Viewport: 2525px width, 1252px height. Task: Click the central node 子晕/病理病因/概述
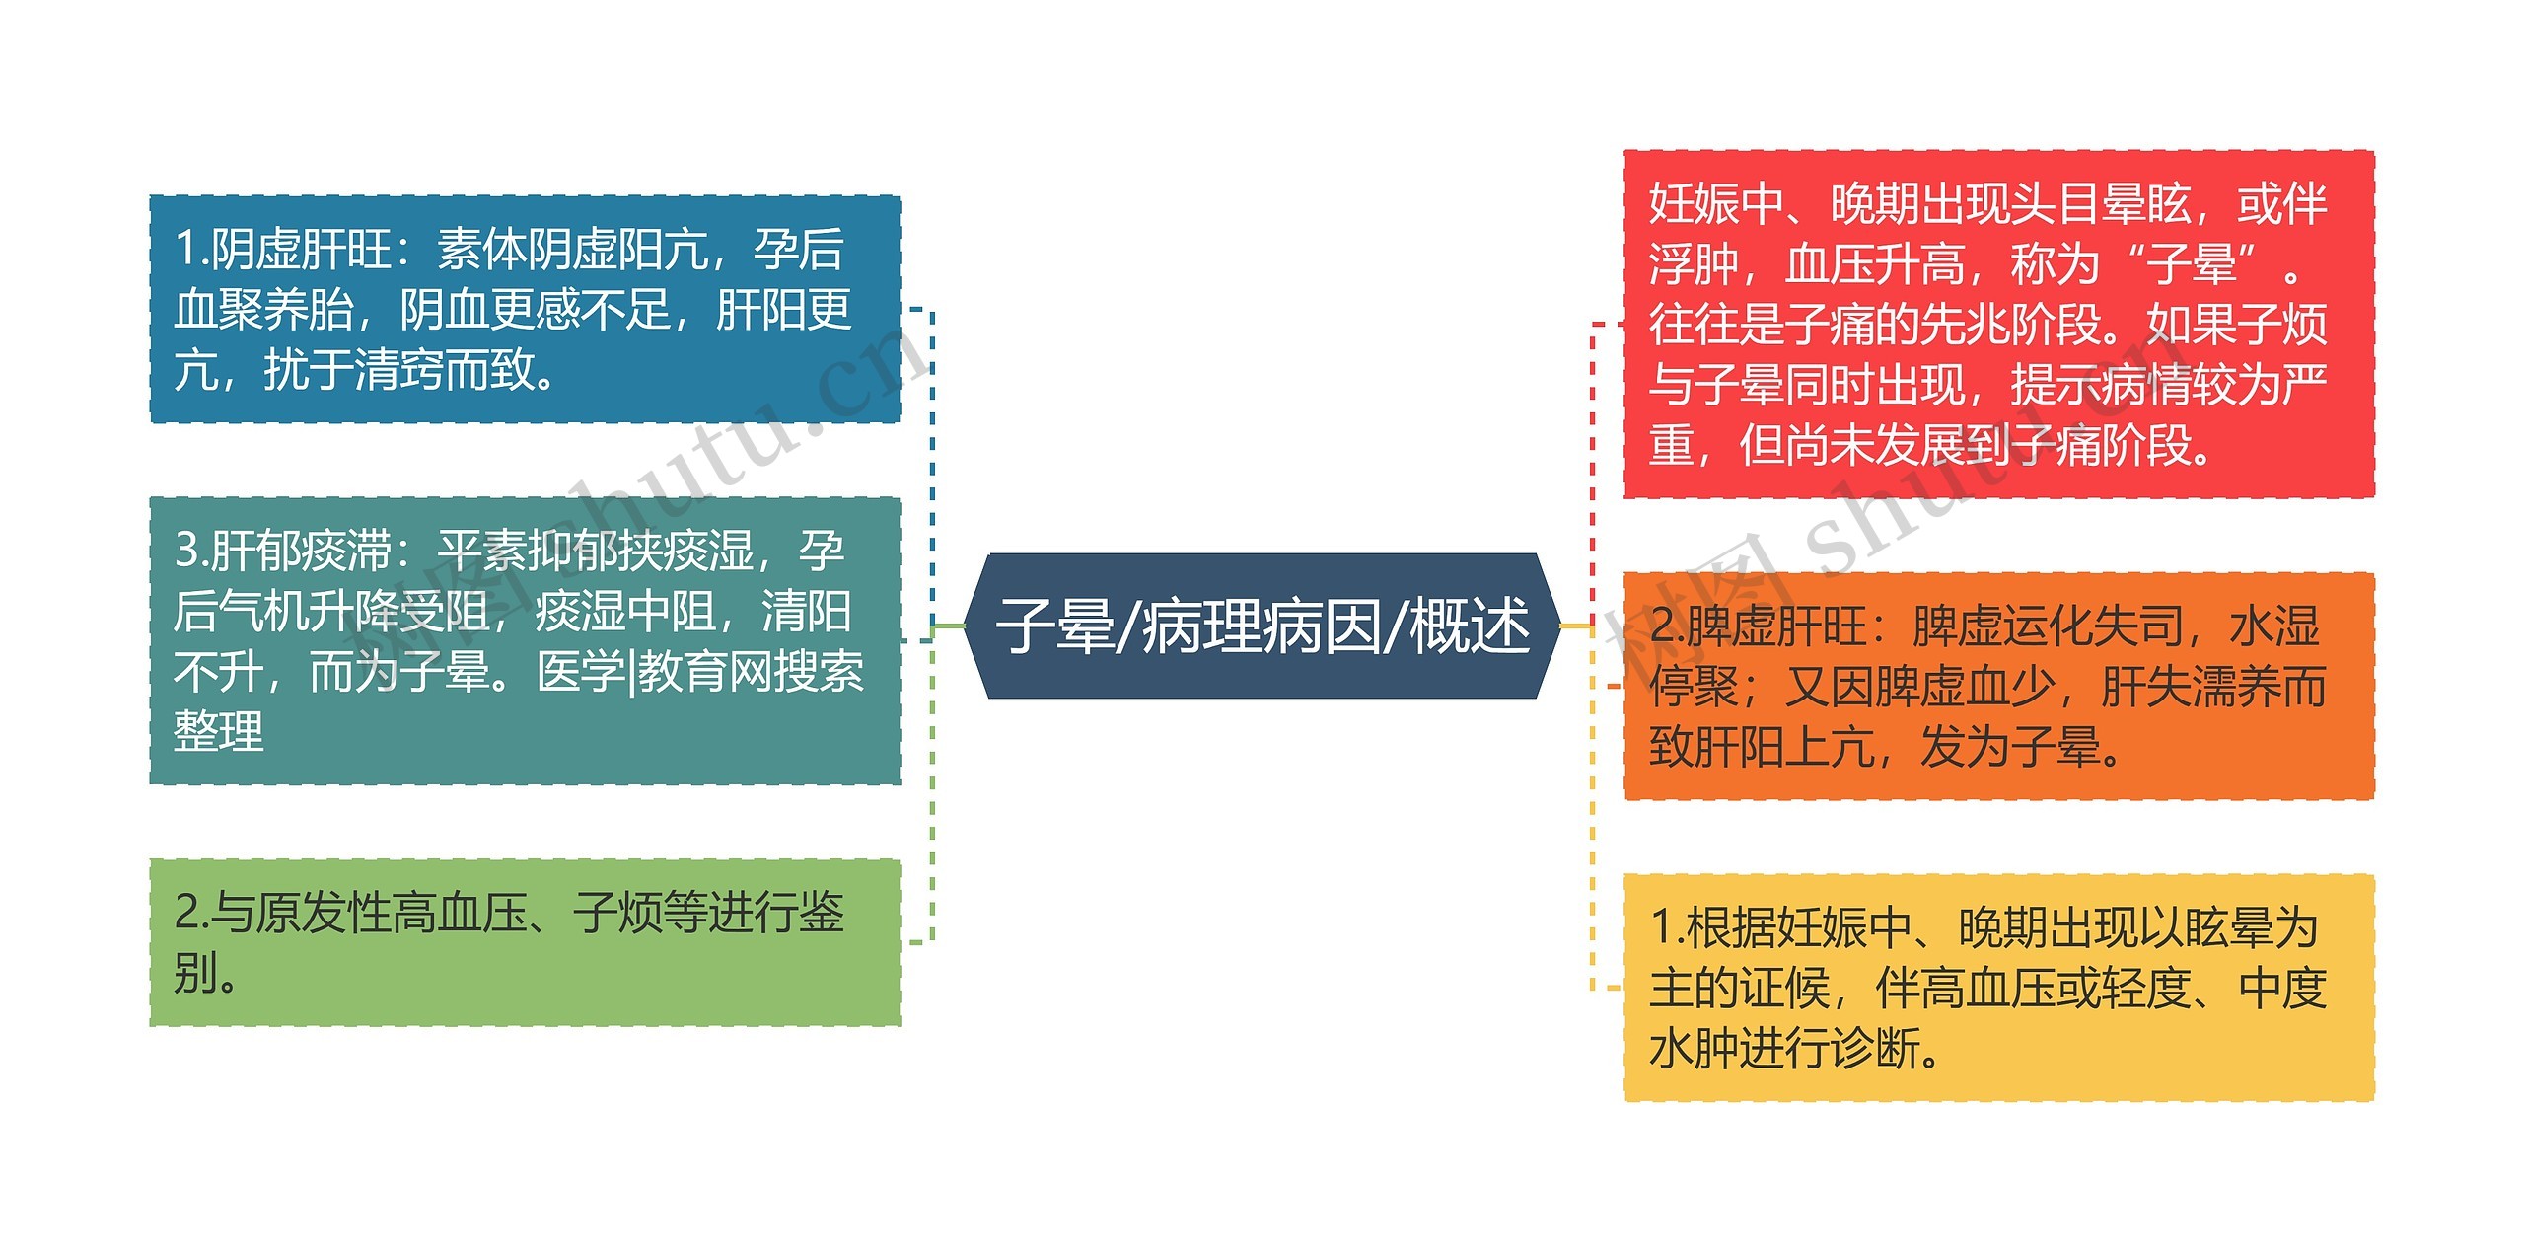click(x=1262, y=626)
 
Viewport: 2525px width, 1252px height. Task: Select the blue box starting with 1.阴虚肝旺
click(x=525, y=309)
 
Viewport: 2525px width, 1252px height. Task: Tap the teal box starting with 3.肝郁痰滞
click(x=525, y=640)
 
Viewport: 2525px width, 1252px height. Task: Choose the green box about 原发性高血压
click(x=525, y=942)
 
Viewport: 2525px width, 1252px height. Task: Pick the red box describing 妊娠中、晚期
click(x=1998, y=324)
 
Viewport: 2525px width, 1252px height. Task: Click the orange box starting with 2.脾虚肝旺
click(x=1998, y=686)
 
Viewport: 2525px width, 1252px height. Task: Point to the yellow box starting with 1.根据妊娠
click(x=1998, y=987)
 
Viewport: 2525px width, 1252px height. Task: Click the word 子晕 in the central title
click(x=1053, y=626)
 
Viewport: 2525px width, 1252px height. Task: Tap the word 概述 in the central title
click(x=1470, y=626)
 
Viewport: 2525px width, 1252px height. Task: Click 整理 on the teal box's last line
click(x=219, y=732)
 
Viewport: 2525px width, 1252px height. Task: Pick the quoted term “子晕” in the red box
click(x=2193, y=264)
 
